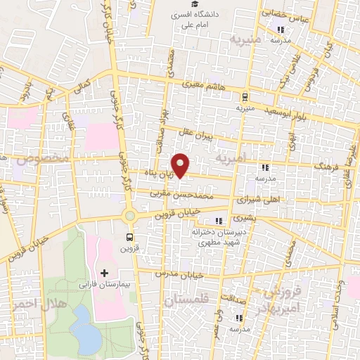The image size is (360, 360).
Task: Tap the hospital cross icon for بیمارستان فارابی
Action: (105, 272)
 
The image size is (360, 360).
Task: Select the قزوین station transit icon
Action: (129, 237)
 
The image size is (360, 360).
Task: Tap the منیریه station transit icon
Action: (244, 98)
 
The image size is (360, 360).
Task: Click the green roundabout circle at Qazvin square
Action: (129, 216)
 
